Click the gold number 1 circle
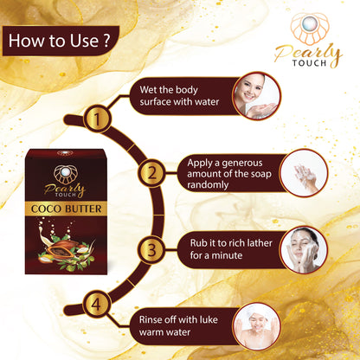(x=97, y=119)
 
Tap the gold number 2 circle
(x=151, y=173)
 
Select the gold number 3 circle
(x=151, y=250)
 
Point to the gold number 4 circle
(x=97, y=304)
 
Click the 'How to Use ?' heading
(x=60, y=41)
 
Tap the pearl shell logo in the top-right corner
(x=310, y=29)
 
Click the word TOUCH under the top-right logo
(x=310, y=63)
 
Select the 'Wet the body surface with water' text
(x=179, y=95)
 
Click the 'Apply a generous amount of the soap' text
(x=229, y=169)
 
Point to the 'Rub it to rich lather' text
(x=231, y=243)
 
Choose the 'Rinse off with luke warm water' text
(x=178, y=325)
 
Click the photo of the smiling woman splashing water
(x=256, y=95)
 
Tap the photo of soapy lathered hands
(x=304, y=173)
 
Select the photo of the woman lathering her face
(x=304, y=250)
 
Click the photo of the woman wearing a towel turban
(x=256, y=326)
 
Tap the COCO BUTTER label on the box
(x=67, y=209)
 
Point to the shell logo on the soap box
(x=66, y=174)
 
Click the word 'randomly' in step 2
(x=208, y=185)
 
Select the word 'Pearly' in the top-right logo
(x=308, y=54)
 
